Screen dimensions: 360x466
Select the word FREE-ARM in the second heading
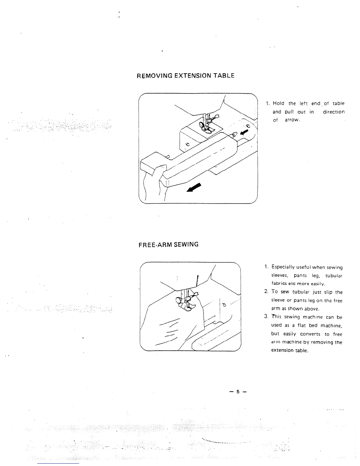pyautogui.click(x=152, y=244)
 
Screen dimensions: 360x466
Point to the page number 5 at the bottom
pyautogui.click(x=238, y=392)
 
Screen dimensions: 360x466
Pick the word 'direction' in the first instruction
pyautogui.click(x=334, y=112)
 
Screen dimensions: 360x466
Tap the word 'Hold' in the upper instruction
pyautogui.click(x=279, y=103)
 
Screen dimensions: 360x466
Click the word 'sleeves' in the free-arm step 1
pyautogui.click(x=279, y=276)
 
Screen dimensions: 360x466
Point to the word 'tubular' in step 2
pyautogui.click(x=303, y=292)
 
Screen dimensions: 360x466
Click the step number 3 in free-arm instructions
pyautogui.click(x=266, y=317)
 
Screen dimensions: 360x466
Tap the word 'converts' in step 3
pyautogui.click(x=310, y=334)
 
